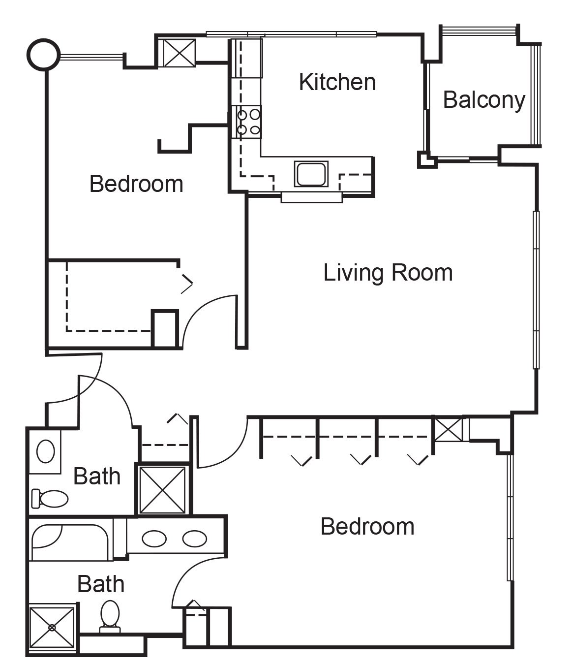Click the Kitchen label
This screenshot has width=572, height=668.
337,82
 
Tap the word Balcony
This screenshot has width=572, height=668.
484,100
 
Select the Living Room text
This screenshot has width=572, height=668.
388,273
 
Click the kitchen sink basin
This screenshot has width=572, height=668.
311,174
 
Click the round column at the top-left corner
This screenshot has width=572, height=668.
44,54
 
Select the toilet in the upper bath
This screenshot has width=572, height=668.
50,499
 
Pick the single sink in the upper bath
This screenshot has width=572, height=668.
46,451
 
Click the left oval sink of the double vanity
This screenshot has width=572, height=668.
154,539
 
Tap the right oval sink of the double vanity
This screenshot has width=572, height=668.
194,539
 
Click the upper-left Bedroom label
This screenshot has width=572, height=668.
136,184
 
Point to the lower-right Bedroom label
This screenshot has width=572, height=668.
367,527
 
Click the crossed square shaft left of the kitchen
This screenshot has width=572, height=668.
179,53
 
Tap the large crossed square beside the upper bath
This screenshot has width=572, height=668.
162,490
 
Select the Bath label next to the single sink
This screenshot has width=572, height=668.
97,477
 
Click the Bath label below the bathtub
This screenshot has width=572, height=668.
101,584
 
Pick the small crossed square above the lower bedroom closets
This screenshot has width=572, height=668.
448,430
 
